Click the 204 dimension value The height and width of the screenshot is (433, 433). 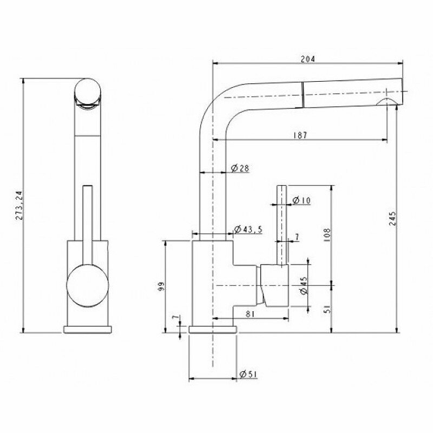pyautogui.click(x=308, y=59)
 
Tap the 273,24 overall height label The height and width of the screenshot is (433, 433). pyautogui.click(x=19, y=206)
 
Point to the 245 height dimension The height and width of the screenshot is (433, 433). pyautogui.click(x=392, y=219)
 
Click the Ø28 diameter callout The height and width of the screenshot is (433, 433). pyautogui.click(x=240, y=168)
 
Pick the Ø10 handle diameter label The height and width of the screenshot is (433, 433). pyautogui.click(x=301, y=200)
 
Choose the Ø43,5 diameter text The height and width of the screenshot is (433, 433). pyautogui.click(x=248, y=229)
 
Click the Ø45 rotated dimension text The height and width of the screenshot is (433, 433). pyautogui.click(x=303, y=286)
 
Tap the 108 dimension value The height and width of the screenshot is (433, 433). pyautogui.click(x=327, y=235)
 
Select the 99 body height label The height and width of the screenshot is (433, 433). pyautogui.click(x=162, y=286)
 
